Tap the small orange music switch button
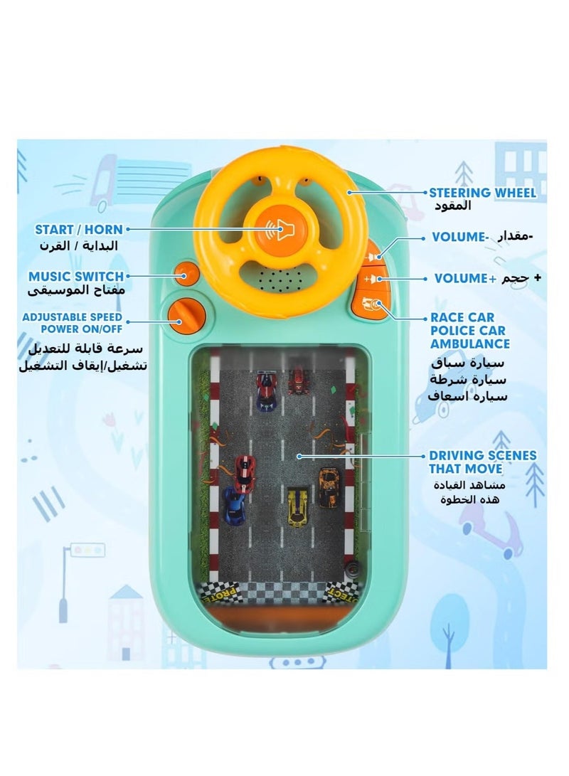[x=186, y=274]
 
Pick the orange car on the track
[x=329, y=488]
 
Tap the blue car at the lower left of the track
[x=234, y=506]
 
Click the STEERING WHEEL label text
[x=482, y=193]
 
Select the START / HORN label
[x=79, y=229]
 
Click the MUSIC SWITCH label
[x=75, y=276]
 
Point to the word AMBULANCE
[x=470, y=344]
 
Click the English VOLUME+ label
[x=465, y=278]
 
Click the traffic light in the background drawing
[x=87, y=549]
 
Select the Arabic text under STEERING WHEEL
[x=452, y=206]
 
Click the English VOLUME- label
[x=460, y=237]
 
